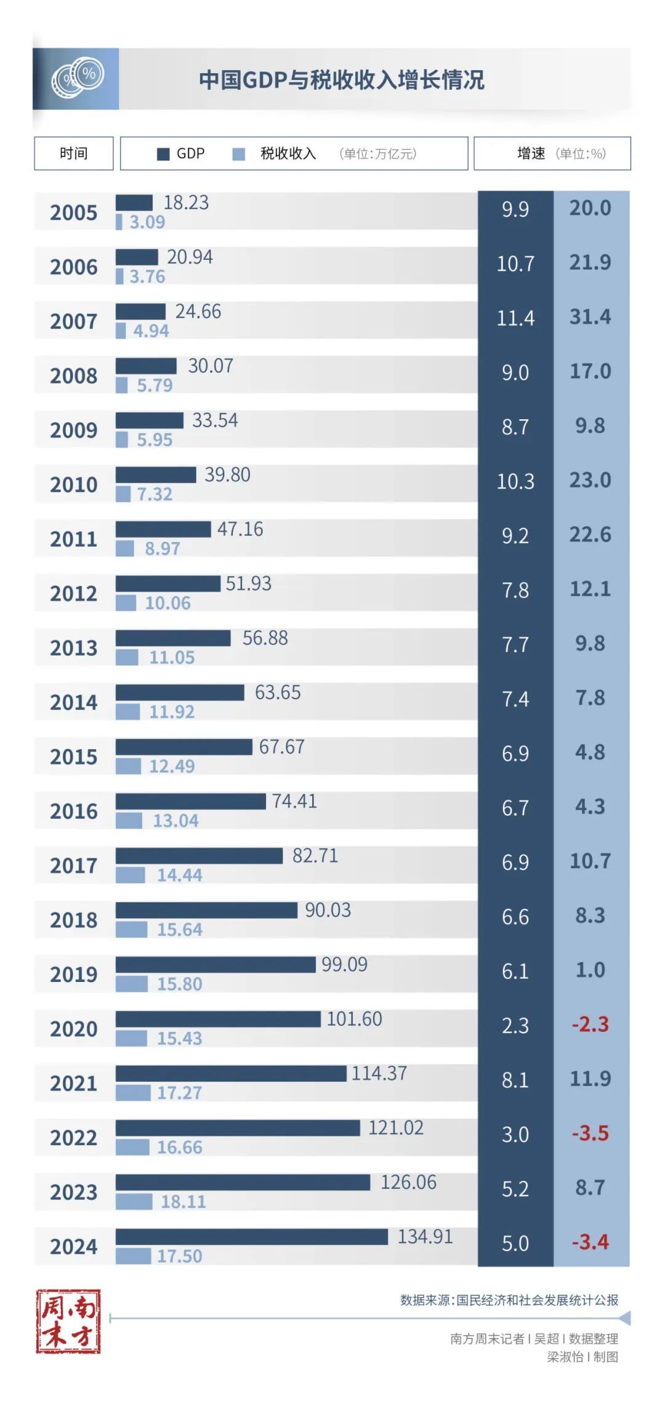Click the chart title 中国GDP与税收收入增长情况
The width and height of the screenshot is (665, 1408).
click(x=341, y=80)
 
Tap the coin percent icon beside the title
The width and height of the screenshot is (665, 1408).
click(x=76, y=79)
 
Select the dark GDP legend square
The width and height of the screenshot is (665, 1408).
click(x=163, y=154)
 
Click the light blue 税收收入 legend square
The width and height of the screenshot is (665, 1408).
click(x=238, y=154)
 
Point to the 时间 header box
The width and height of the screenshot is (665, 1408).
click(x=74, y=153)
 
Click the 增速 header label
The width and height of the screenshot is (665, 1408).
click(x=531, y=153)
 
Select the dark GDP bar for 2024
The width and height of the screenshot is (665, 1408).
click(x=251, y=1236)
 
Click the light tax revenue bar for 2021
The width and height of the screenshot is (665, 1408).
click(x=133, y=1093)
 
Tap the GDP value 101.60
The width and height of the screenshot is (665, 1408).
click(x=354, y=1019)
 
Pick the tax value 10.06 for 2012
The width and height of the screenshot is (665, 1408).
click(x=167, y=603)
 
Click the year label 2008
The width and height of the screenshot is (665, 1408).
click(x=74, y=376)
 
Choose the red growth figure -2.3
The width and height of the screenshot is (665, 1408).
click(x=590, y=1024)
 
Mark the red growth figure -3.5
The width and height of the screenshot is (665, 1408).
click(x=590, y=1133)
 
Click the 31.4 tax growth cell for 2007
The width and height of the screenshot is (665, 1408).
click(x=590, y=317)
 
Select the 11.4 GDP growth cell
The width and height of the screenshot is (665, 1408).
click(x=515, y=318)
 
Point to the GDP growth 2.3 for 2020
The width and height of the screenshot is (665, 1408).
click(x=515, y=1026)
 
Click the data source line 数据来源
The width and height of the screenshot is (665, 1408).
click(x=509, y=1300)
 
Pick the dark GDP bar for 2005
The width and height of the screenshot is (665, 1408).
click(x=134, y=203)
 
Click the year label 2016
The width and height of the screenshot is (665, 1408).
click(x=74, y=811)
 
